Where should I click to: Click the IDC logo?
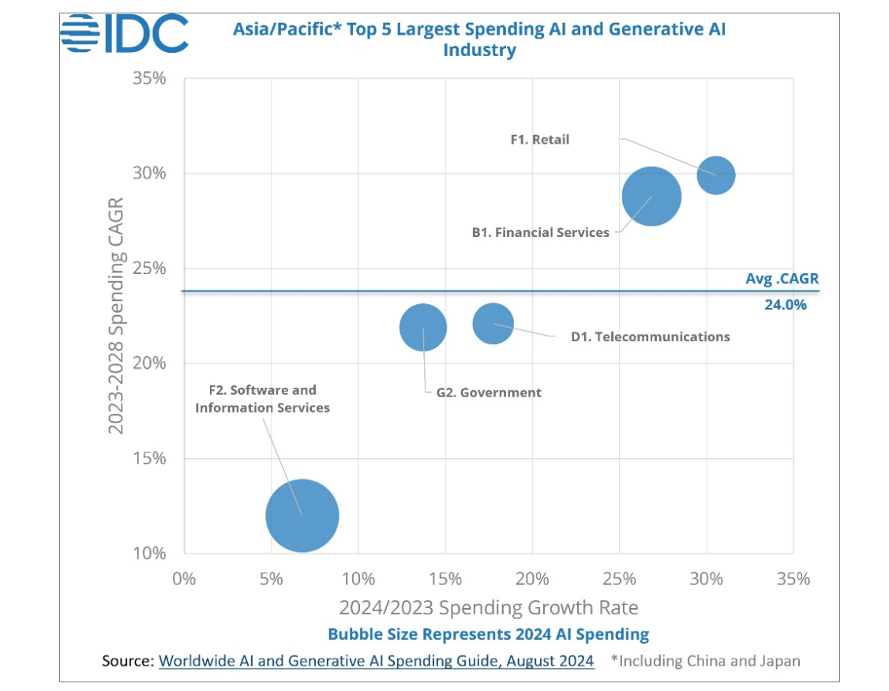(125, 33)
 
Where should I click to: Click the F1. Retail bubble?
(716, 175)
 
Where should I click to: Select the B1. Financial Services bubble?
(651, 197)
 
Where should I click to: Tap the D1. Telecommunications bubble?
(493, 323)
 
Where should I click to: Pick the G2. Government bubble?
(423, 327)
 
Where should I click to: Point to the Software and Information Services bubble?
(302, 516)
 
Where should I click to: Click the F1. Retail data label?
(539, 140)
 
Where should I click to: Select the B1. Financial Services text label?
(541, 232)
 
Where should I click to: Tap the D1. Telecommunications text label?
(651, 336)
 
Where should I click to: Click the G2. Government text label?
(489, 392)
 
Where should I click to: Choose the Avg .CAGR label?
(782, 279)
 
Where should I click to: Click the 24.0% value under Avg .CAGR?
(786, 304)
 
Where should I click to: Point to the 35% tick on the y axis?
(149, 79)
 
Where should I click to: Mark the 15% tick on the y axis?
(149, 458)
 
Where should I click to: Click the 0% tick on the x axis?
(184, 579)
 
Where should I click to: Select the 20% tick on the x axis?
(532, 579)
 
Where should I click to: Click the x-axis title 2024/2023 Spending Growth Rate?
(488, 607)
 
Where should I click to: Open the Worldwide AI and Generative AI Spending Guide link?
(377, 661)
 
